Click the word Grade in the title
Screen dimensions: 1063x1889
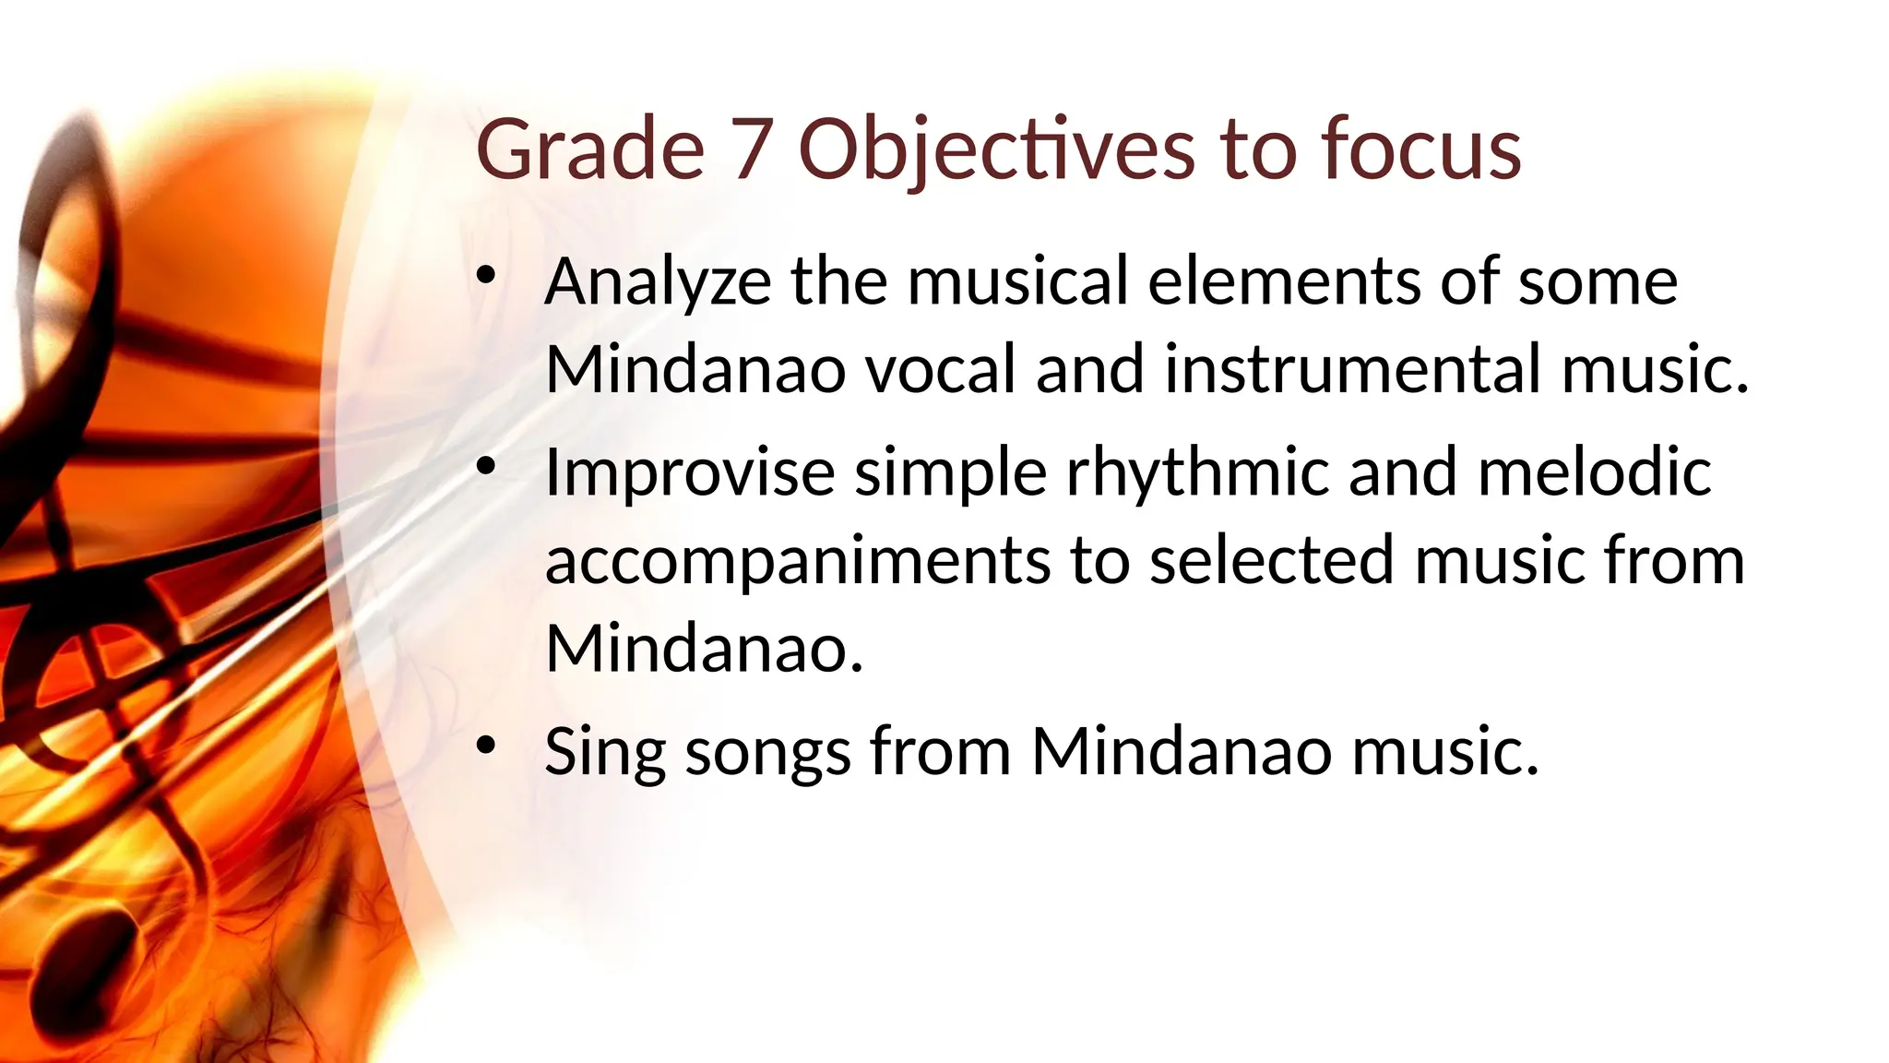tap(589, 149)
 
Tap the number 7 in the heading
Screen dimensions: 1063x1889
tap(750, 149)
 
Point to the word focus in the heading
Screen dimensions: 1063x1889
tap(1420, 149)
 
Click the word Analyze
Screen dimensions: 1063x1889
tap(658, 282)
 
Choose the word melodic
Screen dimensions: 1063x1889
tap(1594, 472)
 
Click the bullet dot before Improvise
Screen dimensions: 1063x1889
tap(487, 467)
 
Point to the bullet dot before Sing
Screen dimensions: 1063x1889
tap(487, 746)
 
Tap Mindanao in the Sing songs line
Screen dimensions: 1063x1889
tap(1181, 751)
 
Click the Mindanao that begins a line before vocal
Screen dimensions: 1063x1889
tap(695, 368)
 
